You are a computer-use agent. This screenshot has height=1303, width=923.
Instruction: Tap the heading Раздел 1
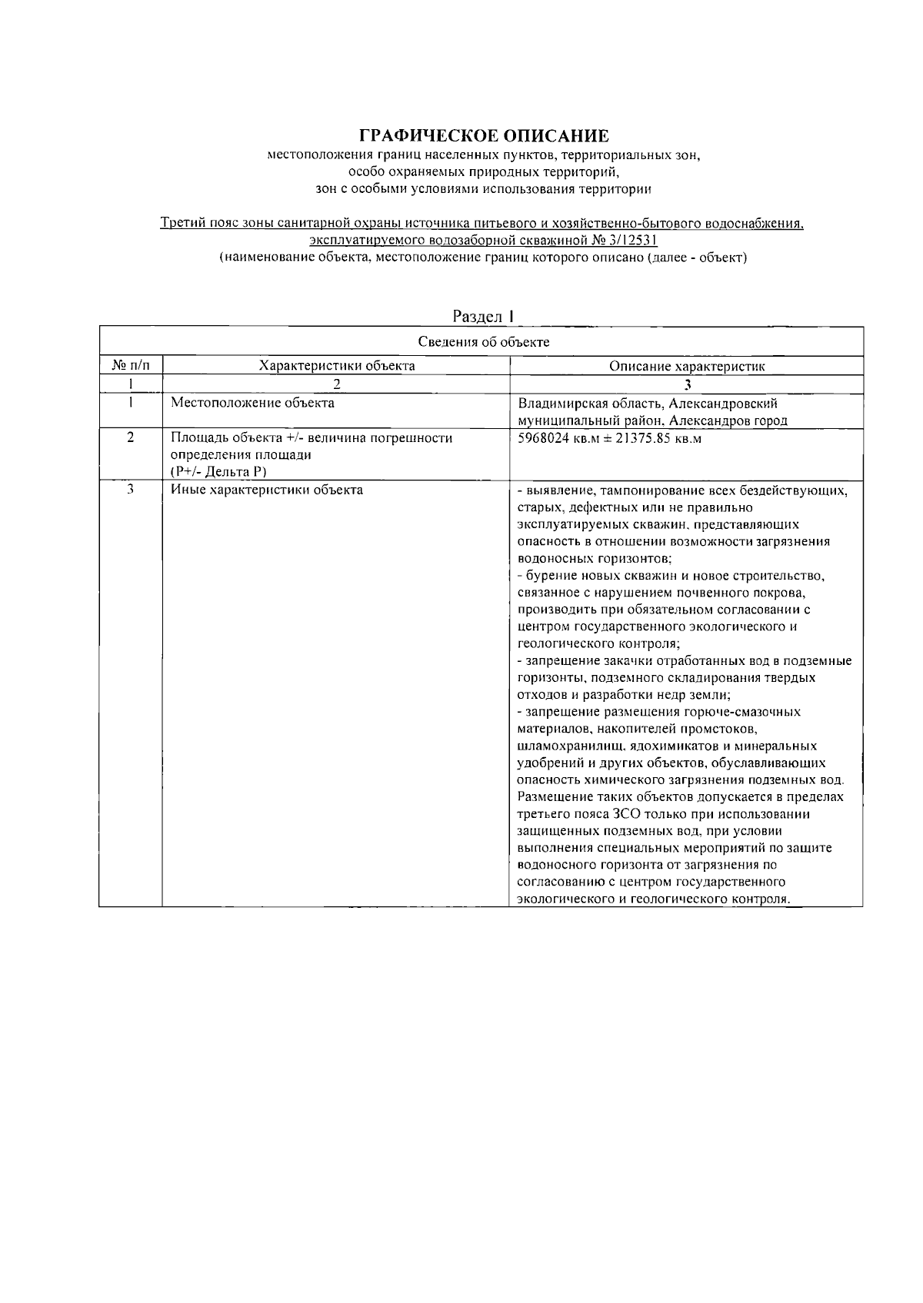pyautogui.click(x=482, y=316)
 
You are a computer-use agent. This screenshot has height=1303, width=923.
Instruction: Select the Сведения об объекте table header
pyautogui.click(x=483, y=342)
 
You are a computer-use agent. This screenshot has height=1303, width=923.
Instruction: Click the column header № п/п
pyautogui.click(x=130, y=366)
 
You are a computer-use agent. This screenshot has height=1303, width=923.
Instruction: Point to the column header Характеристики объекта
pyautogui.click(x=337, y=366)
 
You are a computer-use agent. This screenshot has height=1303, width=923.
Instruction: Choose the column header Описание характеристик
pyautogui.click(x=687, y=367)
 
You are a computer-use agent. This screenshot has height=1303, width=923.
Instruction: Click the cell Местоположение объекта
pyautogui.click(x=252, y=402)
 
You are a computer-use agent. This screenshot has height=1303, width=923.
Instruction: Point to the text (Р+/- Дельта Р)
pyautogui.click(x=218, y=472)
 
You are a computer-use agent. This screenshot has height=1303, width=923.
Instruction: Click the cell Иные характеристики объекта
pyautogui.click(x=266, y=490)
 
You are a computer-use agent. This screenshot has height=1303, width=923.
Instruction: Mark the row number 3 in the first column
pyautogui.click(x=130, y=489)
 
